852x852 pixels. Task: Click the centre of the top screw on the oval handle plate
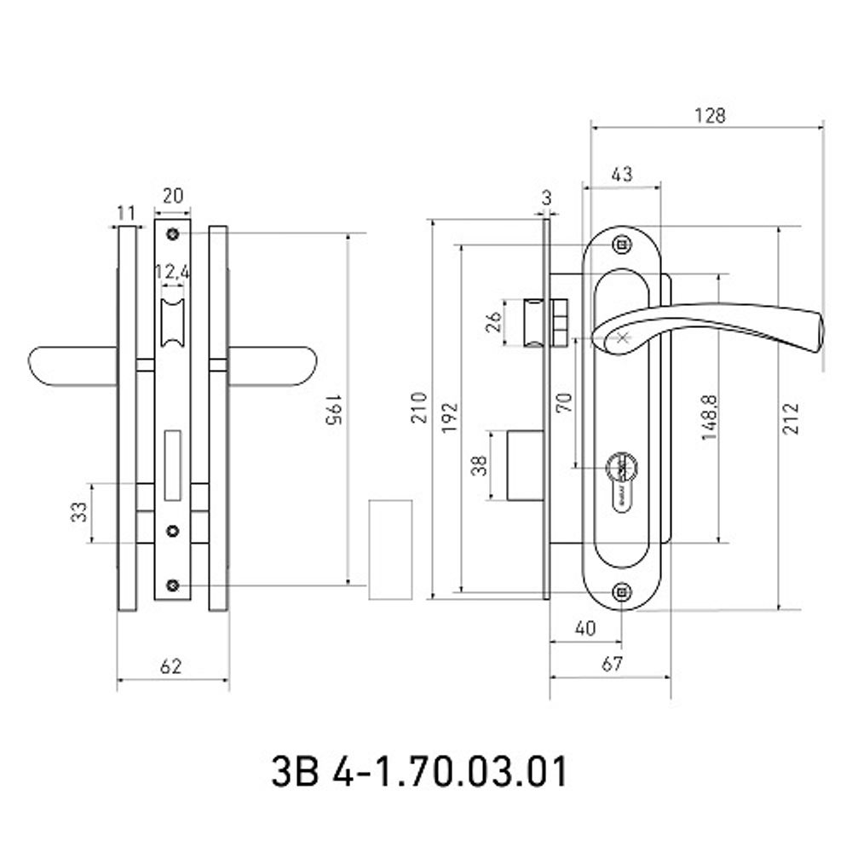[x=622, y=245]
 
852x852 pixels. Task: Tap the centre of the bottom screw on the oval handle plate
[x=622, y=591]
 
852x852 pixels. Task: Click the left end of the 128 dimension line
[x=591, y=129]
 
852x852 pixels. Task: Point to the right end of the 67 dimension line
[x=671, y=677]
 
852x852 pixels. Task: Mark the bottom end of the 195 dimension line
[x=348, y=586]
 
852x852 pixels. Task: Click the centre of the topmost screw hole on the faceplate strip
[x=173, y=234]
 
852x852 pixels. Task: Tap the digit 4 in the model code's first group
[x=343, y=770]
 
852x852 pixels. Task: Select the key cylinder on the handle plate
[x=622, y=481]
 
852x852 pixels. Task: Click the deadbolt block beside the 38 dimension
[x=526, y=465]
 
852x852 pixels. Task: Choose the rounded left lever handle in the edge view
[x=72, y=366]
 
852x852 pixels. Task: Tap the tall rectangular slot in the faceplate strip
[x=173, y=465]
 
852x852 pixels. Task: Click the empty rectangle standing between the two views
[x=390, y=550]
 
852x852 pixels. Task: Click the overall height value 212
[x=792, y=417]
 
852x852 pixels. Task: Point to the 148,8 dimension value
[x=709, y=417]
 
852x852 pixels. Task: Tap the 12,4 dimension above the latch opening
[x=172, y=272]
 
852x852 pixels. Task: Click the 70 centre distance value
[x=565, y=402]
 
